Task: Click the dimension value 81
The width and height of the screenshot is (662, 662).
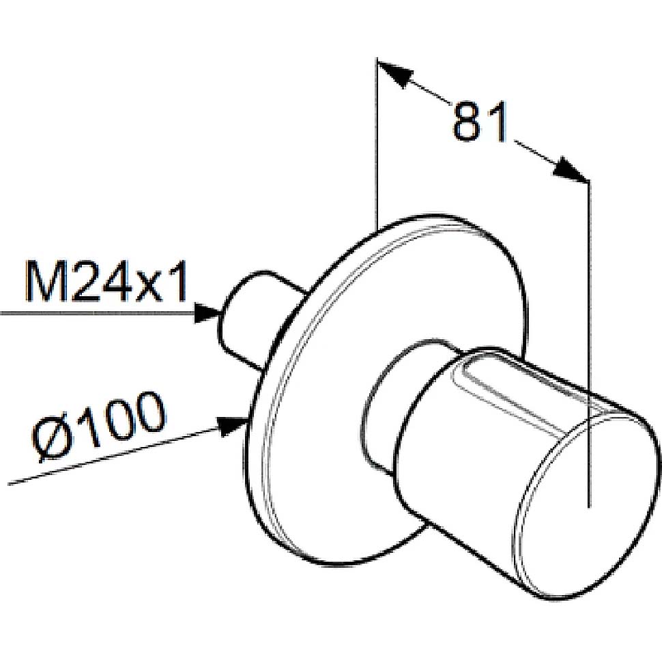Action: pyautogui.click(x=480, y=121)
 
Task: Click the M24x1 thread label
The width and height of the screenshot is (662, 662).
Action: pyautogui.click(x=106, y=282)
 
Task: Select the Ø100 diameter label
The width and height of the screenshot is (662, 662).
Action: pyautogui.click(x=99, y=427)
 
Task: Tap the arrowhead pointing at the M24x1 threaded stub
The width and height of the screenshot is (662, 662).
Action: pyautogui.click(x=209, y=313)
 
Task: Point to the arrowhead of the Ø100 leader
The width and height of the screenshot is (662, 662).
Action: pyautogui.click(x=231, y=426)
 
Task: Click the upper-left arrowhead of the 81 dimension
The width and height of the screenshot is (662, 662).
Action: pyautogui.click(x=394, y=74)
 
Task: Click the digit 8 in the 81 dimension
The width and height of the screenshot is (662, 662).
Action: pyautogui.click(x=467, y=121)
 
